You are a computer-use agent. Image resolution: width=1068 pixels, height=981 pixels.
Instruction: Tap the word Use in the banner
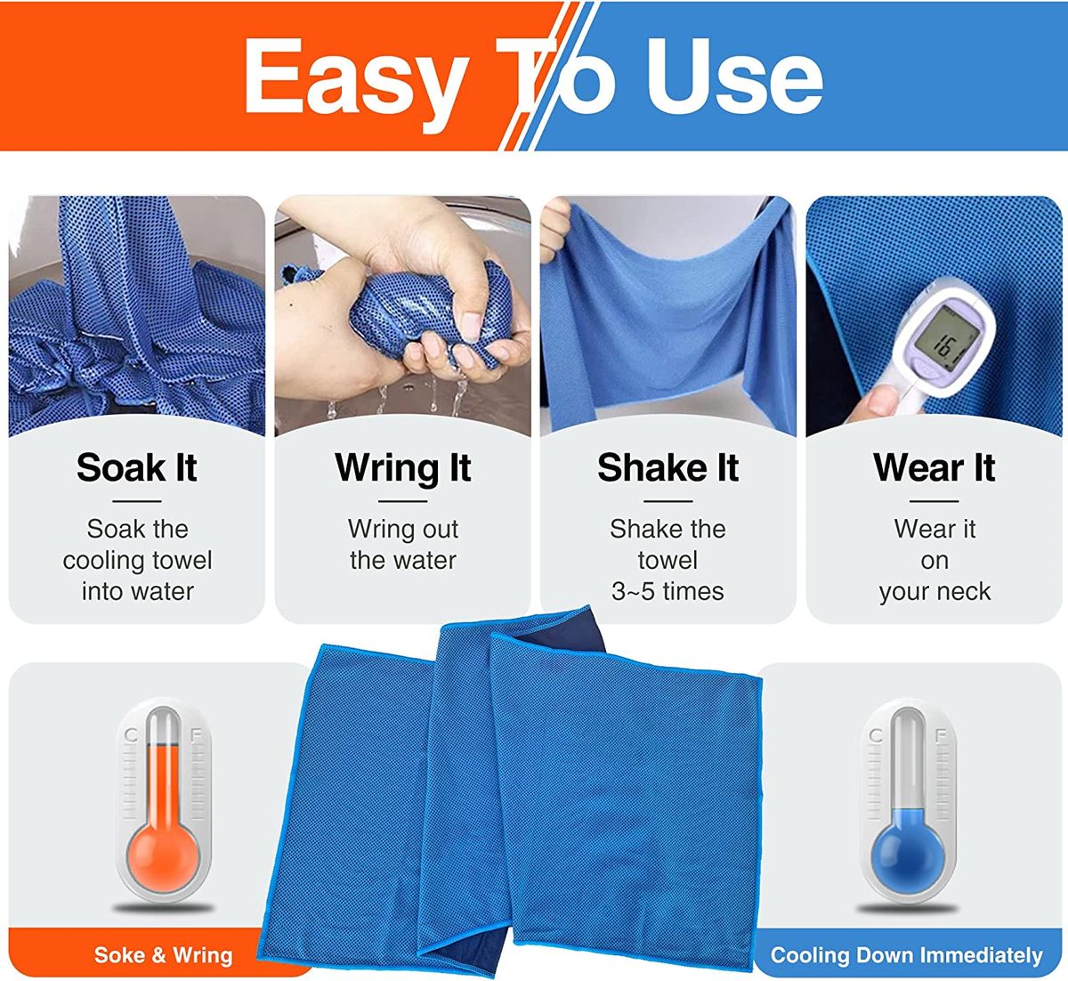point(735,76)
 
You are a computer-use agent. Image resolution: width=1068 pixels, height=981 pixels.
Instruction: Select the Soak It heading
point(137,467)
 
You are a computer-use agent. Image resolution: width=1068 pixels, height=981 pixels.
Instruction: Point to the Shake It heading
point(668,467)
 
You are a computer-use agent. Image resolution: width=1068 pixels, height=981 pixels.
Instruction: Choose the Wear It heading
point(934,467)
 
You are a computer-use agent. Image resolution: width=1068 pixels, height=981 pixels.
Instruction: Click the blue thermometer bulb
point(909,858)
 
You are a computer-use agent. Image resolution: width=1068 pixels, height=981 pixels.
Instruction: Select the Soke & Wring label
point(164,955)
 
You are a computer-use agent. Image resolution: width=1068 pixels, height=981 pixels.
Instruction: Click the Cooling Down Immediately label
point(907,955)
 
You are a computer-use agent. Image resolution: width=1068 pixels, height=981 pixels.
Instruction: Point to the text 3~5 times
point(667,591)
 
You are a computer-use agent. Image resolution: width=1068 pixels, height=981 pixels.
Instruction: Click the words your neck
point(934,592)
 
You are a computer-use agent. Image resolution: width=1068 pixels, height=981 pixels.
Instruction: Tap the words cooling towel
point(137,561)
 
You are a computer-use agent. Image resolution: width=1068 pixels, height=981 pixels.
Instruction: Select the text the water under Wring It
point(403,560)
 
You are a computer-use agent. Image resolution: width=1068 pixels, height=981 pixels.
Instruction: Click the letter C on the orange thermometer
point(131,736)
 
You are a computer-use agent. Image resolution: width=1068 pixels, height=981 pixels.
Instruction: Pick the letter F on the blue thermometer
point(941,736)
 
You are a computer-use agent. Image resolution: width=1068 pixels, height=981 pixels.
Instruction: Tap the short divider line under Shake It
point(668,501)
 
